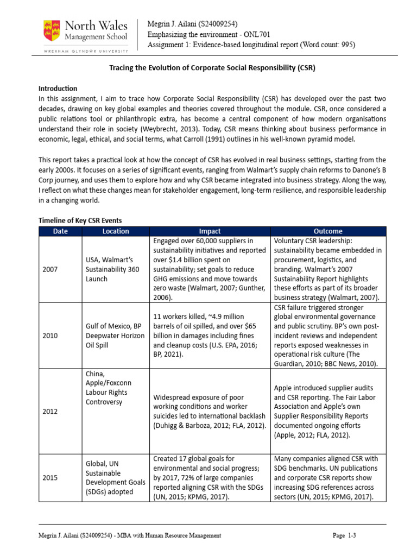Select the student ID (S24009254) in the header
coord(219,23)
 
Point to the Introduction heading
coord(58,88)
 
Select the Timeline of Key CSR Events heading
coord(80,220)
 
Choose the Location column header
coord(116,231)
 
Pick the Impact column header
coord(210,231)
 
